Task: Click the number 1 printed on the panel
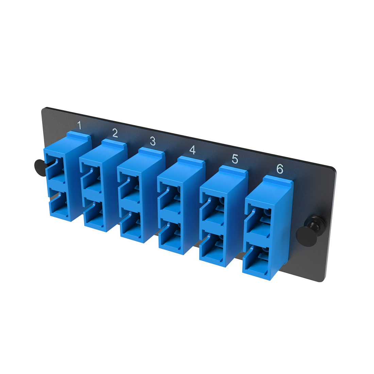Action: (x=80, y=126)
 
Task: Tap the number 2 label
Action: (x=115, y=133)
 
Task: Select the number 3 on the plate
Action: (x=153, y=141)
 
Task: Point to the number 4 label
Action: (x=192, y=150)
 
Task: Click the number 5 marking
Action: (x=235, y=158)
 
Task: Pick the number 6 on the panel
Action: (x=279, y=168)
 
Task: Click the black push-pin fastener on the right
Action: (x=303, y=234)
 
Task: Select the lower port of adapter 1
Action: (x=59, y=206)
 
